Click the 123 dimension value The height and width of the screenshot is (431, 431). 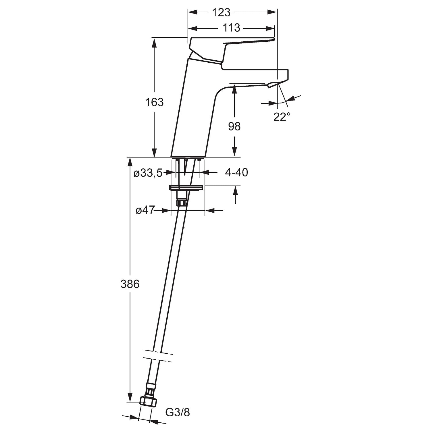tap(221, 12)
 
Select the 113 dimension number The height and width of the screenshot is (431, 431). tap(231, 28)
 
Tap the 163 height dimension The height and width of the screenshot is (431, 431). tap(154, 102)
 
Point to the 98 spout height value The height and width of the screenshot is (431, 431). tap(234, 126)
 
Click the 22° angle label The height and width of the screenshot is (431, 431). tap(282, 117)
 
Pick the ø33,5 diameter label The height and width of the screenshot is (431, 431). tap(148, 173)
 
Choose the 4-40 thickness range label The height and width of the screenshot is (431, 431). tap(236, 172)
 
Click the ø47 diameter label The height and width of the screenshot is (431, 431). tap(145, 210)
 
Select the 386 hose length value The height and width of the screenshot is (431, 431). tap(130, 284)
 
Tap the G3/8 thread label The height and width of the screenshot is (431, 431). tap(178, 413)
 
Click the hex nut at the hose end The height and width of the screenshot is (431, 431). tap(148, 401)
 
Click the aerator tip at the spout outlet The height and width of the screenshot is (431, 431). tap(273, 84)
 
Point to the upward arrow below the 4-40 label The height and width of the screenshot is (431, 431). tap(235, 195)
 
